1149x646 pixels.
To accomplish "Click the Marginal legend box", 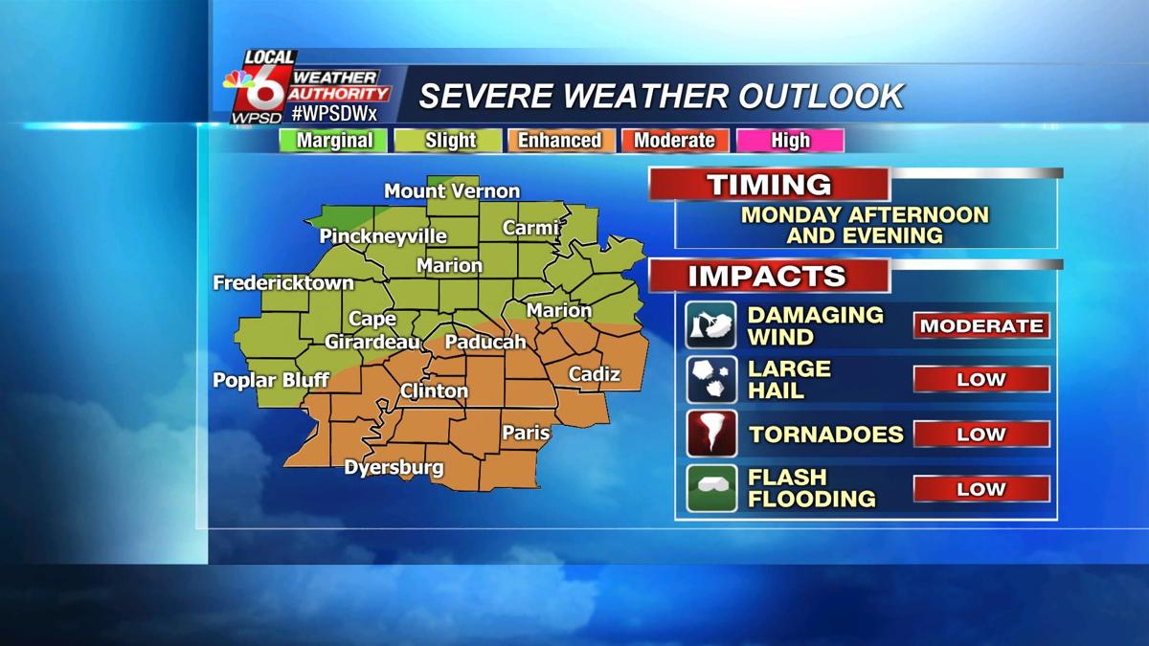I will (333, 141).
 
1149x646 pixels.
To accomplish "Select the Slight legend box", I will (450, 141).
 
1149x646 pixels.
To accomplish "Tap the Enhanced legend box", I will (559, 141).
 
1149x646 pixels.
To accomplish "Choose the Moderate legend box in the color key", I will (674, 141).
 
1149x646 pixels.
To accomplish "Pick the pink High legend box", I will (790, 141).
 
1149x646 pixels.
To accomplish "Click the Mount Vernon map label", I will (452, 191).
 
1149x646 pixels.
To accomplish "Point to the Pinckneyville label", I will (383, 235).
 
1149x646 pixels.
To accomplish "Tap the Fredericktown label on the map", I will (283, 283).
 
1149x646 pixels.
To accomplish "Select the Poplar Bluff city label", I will (271, 380).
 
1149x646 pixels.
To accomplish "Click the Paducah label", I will (485, 342).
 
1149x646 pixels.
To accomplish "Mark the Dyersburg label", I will (394, 468).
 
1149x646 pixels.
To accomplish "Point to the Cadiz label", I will (594, 374).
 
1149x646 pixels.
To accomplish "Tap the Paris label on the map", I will (526, 433).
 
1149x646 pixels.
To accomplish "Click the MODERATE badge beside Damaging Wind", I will (980, 325).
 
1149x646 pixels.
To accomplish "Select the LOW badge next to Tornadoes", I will (980, 434).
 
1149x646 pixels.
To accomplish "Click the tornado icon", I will (711, 434).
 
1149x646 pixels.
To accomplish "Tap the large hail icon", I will (711, 380).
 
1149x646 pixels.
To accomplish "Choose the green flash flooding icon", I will (711, 488).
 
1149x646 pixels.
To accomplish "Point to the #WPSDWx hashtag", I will (334, 113).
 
